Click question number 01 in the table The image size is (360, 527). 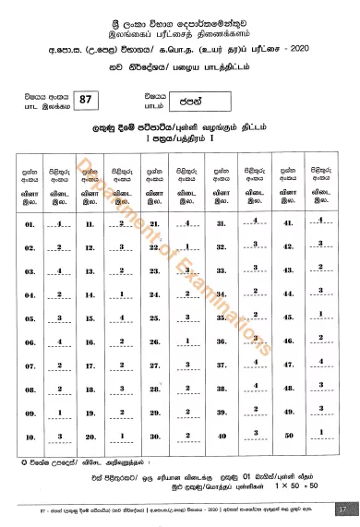[30, 251]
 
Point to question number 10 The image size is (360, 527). [30, 436]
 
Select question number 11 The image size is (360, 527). [90, 251]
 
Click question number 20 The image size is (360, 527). [90, 436]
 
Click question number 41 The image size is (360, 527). [286, 251]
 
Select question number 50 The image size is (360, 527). [286, 436]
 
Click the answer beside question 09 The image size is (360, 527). [60, 413]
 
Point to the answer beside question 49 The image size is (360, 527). [319, 413]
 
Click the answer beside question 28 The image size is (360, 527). [186, 391]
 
